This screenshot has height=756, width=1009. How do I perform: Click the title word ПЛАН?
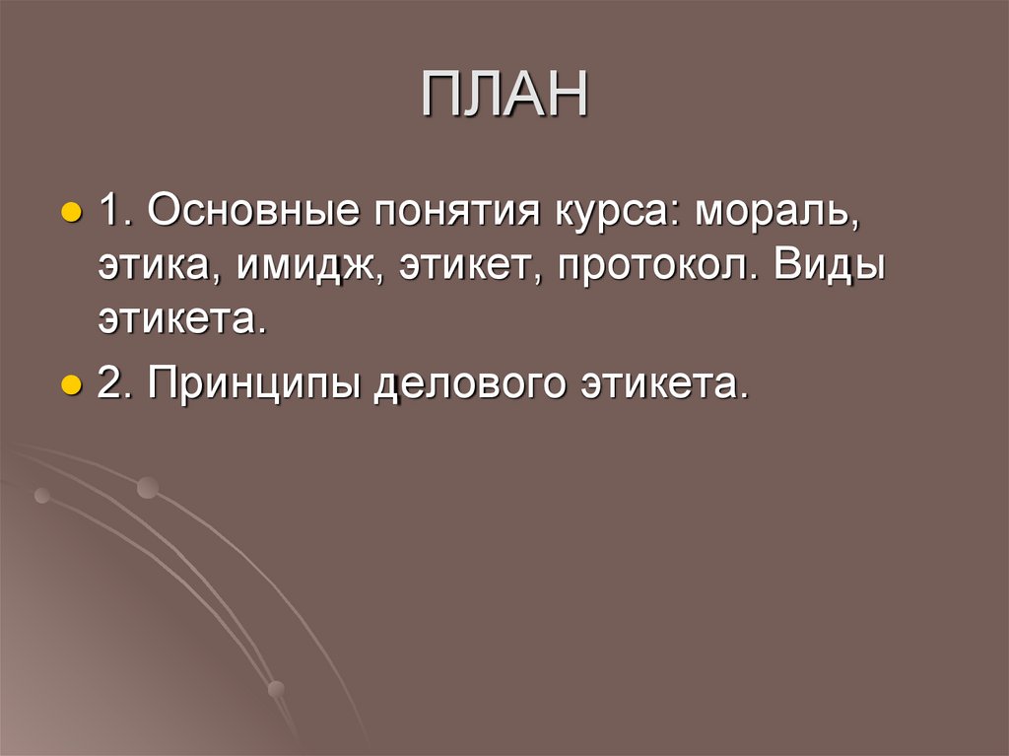pos(504,95)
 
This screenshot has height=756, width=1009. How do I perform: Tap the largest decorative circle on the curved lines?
pos(148,487)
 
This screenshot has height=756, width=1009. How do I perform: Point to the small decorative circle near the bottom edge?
pos(277,689)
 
